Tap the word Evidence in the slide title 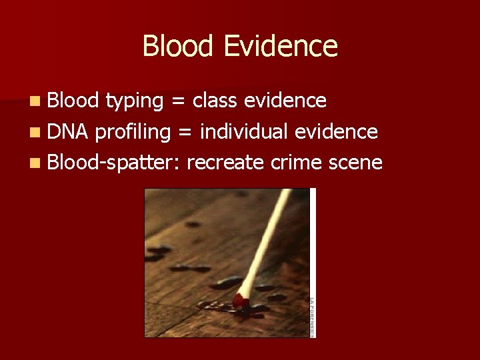(281, 46)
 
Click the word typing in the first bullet (135, 101)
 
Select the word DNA (70, 132)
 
